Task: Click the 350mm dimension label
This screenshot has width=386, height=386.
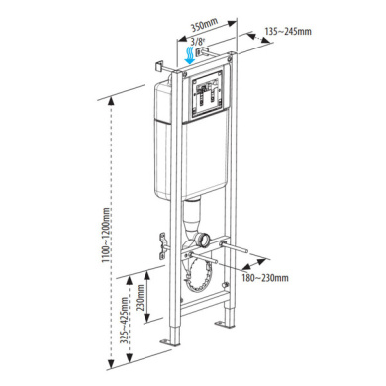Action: [205, 25]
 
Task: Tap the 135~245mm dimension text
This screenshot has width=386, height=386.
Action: [288, 31]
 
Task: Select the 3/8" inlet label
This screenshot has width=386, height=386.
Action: [198, 42]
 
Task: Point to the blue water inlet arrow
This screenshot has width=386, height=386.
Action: [190, 55]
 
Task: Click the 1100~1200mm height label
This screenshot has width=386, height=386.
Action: [106, 235]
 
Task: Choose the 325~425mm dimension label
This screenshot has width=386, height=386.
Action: [124, 321]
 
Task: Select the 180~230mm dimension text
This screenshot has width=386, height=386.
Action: [265, 278]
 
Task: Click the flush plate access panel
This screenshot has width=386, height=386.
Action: [207, 95]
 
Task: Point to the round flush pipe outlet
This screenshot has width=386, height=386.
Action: [201, 240]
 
